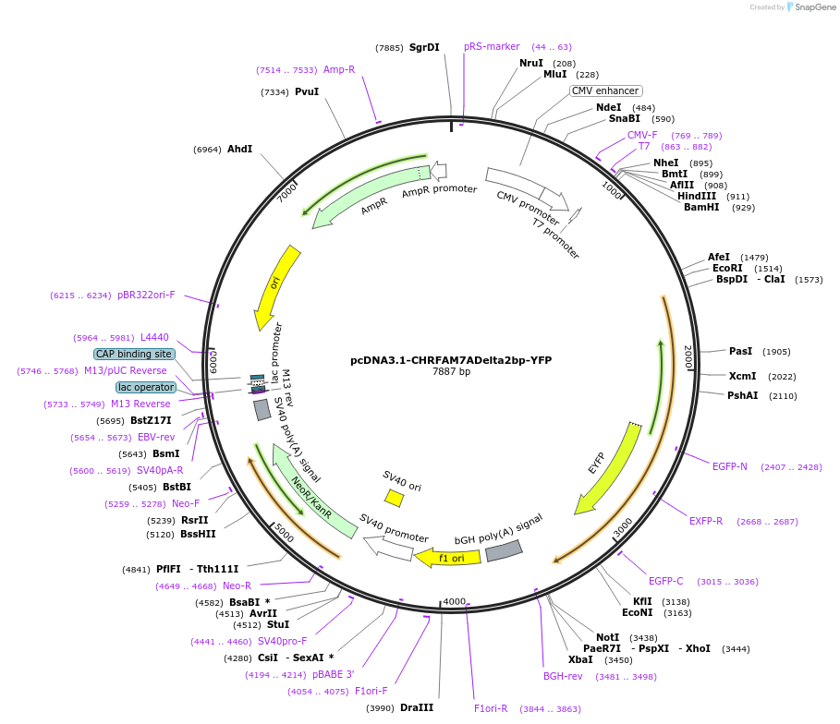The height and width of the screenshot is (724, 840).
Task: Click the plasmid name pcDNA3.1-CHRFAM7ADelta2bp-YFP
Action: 451,360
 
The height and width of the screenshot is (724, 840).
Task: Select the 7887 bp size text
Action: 451,372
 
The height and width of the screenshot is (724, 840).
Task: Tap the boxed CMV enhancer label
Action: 605,90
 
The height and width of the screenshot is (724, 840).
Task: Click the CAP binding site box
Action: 134,354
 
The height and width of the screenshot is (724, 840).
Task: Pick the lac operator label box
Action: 145,387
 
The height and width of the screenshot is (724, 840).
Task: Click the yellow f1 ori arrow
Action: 447,558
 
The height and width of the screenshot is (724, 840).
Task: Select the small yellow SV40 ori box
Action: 395,498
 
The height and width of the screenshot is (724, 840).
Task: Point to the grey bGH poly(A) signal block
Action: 504,551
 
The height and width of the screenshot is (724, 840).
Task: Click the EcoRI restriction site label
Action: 727,269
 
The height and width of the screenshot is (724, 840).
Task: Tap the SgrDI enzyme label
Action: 424,47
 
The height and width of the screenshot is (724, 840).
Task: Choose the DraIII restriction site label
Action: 417,707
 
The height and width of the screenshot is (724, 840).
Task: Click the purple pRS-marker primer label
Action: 492,46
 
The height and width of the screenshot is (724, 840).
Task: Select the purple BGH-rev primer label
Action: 563,676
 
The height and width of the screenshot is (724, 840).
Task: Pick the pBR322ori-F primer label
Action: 146,295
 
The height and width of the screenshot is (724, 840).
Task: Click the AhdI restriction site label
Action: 240,149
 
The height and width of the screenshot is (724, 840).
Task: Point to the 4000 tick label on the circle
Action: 455,601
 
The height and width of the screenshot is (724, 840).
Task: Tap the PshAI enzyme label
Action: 742,396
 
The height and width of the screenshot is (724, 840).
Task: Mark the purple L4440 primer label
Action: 154,337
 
